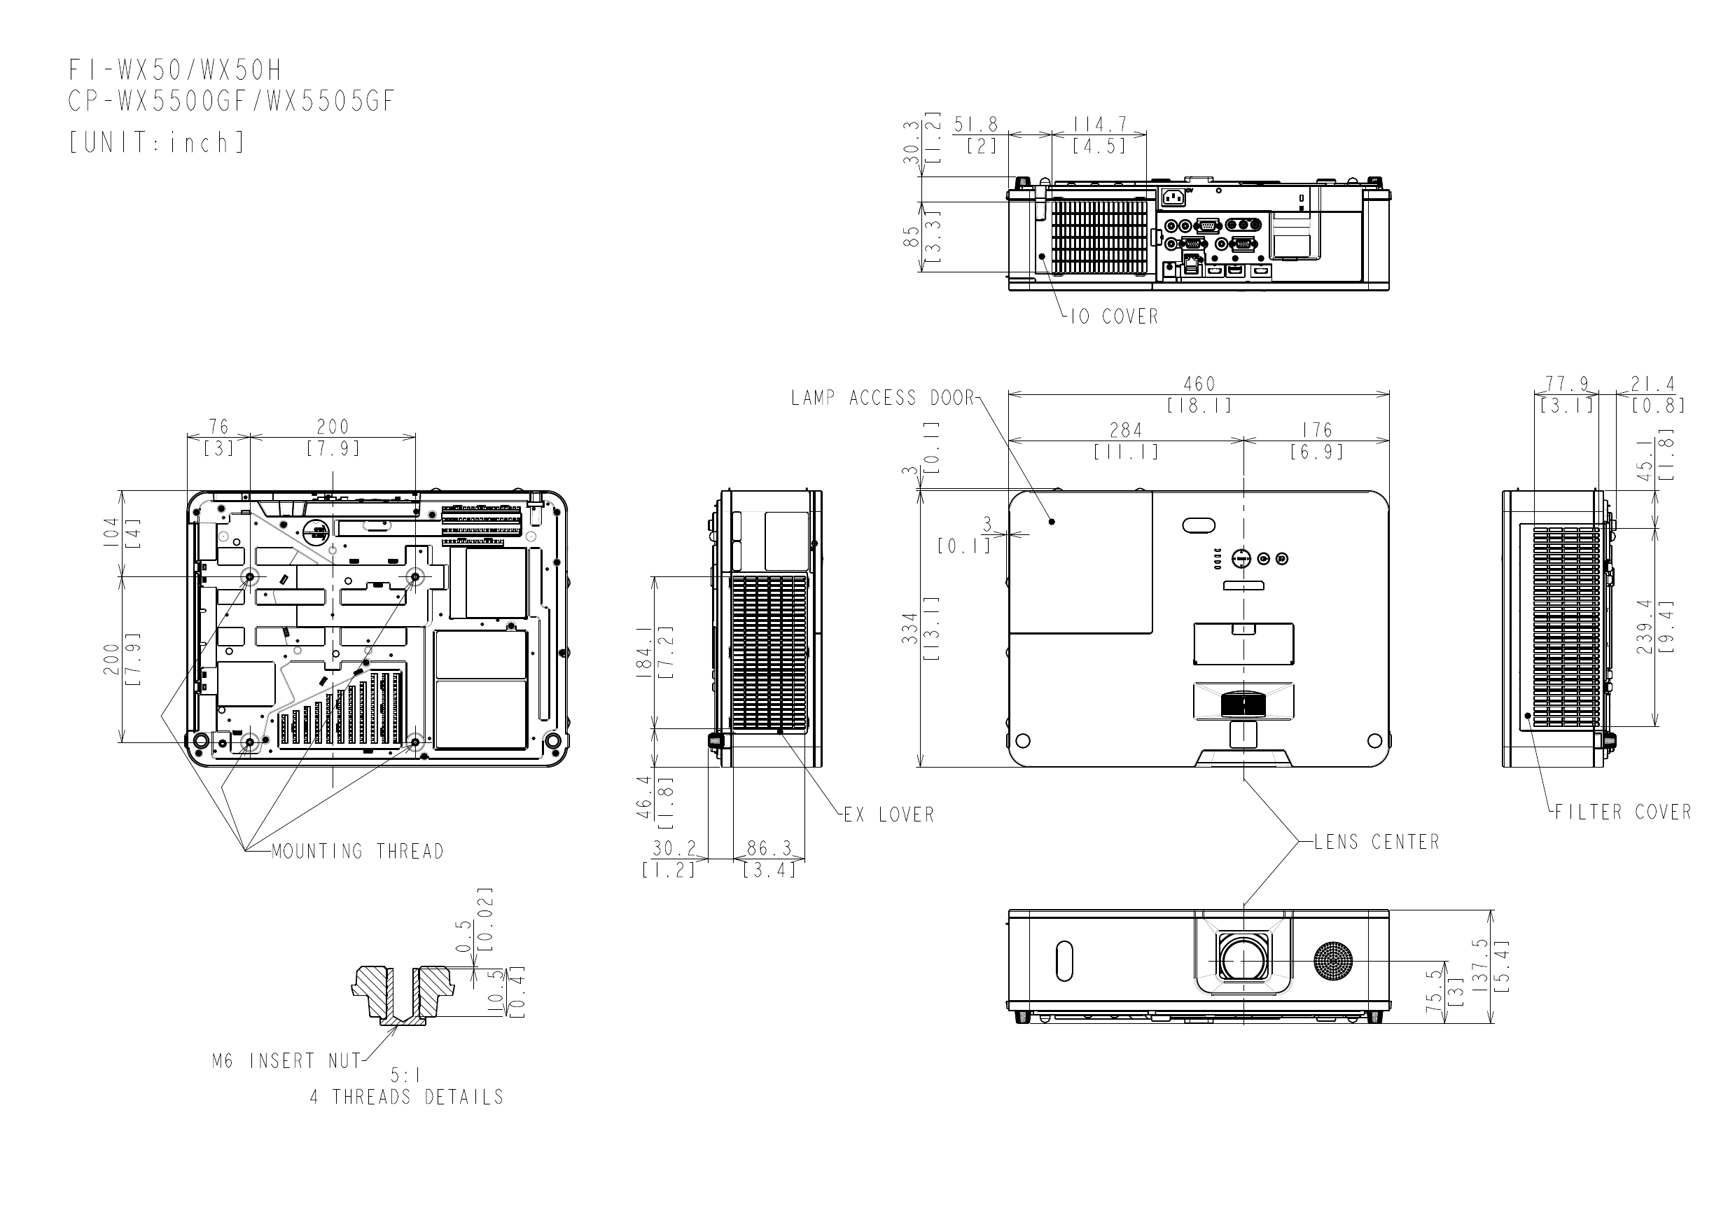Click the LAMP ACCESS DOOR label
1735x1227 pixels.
click(883, 398)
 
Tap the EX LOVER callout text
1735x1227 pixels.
click(889, 815)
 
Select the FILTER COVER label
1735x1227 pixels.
click(1622, 812)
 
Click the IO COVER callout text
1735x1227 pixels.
click(1114, 317)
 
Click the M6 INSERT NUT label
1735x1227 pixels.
click(287, 1062)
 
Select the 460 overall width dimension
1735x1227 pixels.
click(1199, 384)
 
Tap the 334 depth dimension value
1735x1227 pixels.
click(911, 628)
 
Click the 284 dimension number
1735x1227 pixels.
click(1125, 430)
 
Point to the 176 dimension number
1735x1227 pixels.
click(1316, 430)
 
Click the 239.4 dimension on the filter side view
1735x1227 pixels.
click(1645, 627)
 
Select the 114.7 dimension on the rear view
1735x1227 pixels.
click(1099, 124)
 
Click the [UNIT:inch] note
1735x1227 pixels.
click(157, 143)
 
